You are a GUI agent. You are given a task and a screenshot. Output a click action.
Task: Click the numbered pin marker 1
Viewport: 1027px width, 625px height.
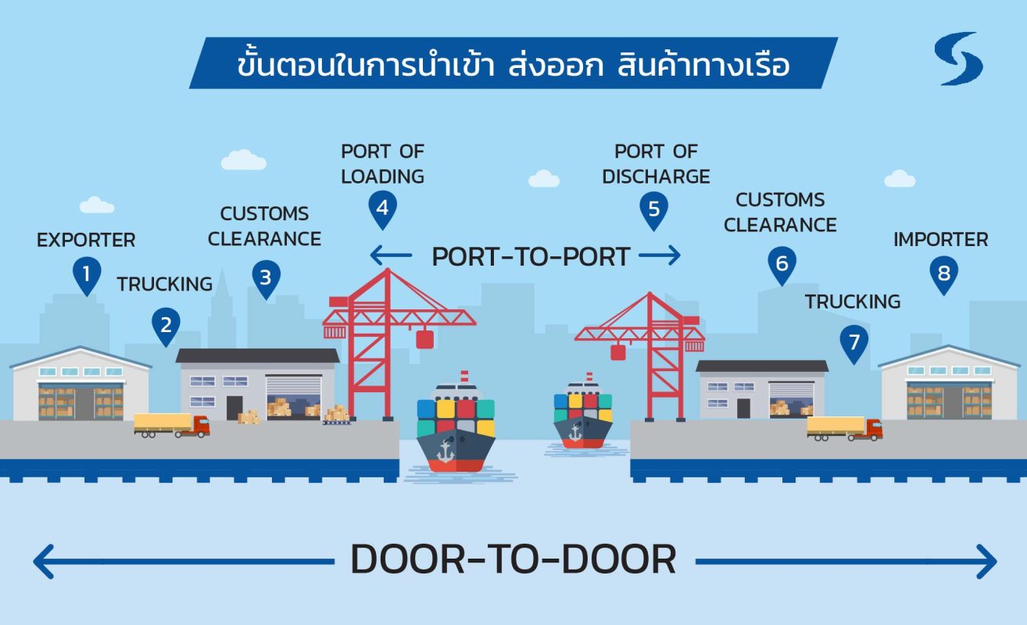[87, 275]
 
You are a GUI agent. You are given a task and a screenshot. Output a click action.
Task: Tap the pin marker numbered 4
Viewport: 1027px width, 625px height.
[382, 209]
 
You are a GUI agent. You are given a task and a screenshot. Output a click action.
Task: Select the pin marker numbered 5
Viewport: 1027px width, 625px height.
[653, 209]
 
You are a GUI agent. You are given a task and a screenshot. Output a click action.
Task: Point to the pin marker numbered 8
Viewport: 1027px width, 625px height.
[944, 274]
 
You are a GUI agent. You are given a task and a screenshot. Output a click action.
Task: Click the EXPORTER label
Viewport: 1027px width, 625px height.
[86, 240]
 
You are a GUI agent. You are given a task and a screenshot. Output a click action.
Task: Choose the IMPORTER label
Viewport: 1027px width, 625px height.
[940, 239]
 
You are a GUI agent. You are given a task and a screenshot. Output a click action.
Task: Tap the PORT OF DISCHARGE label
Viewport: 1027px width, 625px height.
[656, 164]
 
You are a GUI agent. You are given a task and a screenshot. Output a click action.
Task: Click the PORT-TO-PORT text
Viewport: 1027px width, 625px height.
[531, 256]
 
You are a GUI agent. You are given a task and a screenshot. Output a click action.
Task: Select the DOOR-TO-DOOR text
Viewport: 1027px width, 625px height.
[513, 560]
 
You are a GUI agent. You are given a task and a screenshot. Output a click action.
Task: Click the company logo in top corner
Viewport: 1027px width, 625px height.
[958, 59]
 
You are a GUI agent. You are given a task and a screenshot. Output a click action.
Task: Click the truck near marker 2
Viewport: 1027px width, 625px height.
[171, 425]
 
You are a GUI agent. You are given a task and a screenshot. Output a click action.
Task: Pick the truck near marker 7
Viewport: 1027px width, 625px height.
[844, 428]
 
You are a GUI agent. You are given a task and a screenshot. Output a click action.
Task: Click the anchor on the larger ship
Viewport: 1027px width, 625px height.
[446, 451]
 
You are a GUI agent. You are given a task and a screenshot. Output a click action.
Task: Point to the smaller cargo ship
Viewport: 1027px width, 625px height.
[582, 418]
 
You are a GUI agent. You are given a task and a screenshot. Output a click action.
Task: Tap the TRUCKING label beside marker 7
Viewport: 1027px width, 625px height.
[853, 302]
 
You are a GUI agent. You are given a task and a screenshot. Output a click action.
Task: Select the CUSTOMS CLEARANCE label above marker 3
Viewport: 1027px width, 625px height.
[264, 226]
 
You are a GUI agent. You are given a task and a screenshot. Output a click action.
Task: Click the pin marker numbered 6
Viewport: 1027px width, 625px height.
[782, 264]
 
